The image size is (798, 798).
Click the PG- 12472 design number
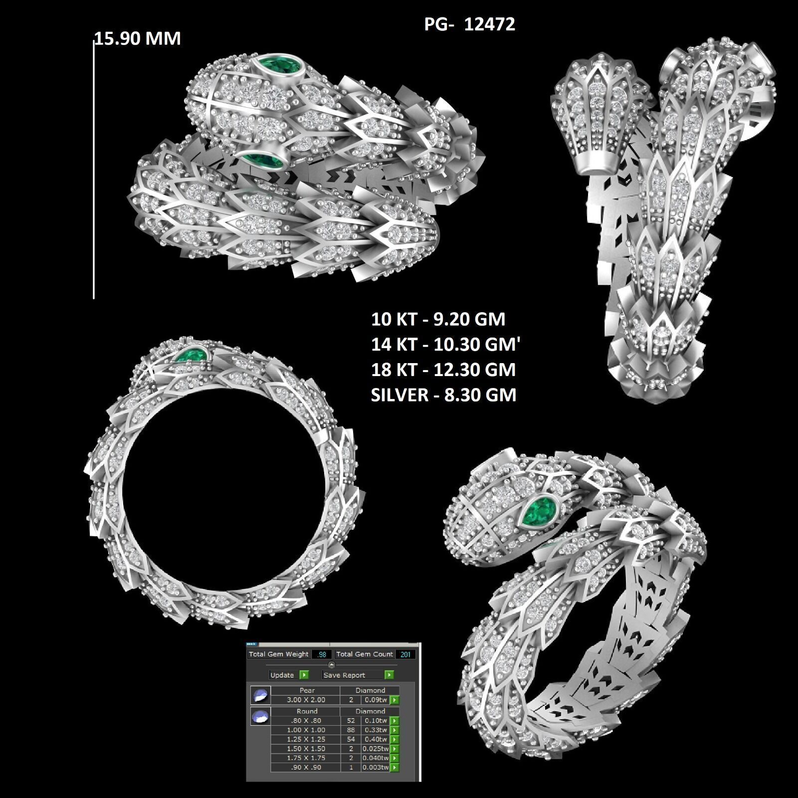(x=469, y=24)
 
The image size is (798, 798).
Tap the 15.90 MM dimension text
(x=138, y=38)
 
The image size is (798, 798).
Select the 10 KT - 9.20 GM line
(x=438, y=319)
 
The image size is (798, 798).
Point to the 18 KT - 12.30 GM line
(x=443, y=370)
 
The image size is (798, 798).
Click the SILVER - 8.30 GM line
(x=443, y=395)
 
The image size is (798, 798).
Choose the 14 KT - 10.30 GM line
(x=445, y=345)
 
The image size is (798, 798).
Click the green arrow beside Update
(x=304, y=675)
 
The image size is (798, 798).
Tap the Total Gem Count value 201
(x=405, y=654)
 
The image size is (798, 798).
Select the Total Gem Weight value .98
(x=322, y=654)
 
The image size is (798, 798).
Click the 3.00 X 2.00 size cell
(x=306, y=700)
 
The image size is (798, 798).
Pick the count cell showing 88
(x=351, y=730)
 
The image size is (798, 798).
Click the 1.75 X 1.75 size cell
(x=306, y=758)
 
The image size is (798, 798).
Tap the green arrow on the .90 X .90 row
(x=395, y=768)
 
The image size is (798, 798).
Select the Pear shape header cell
(x=307, y=691)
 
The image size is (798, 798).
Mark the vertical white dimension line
(x=94, y=170)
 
